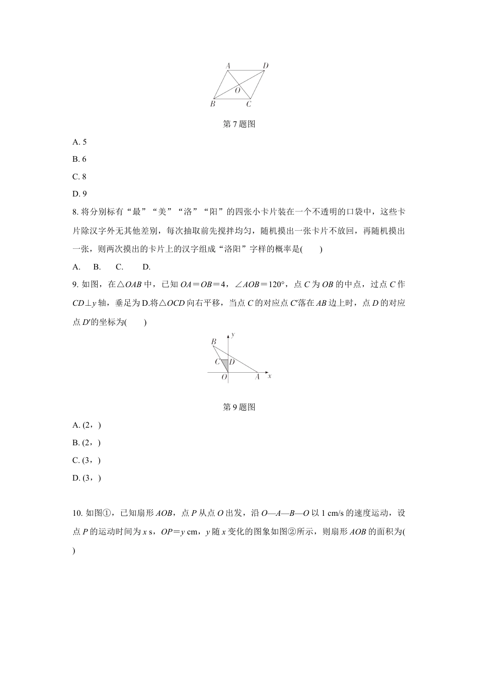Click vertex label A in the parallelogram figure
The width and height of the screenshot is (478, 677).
coord(227,65)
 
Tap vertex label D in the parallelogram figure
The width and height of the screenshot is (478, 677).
coord(266,65)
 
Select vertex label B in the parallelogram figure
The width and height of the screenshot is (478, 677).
coord(212,104)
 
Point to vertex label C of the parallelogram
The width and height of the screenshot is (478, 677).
coord(249,104)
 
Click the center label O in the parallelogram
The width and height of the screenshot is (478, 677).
coord(237,91)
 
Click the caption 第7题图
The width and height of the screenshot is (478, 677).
coord(239,124)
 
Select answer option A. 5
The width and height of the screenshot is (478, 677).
coord(79,142)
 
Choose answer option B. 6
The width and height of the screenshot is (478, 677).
coord(79,159)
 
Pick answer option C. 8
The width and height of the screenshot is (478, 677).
coord(79,176)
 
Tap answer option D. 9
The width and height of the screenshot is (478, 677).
coord(79,193)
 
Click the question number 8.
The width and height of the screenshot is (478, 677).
coord(75,212)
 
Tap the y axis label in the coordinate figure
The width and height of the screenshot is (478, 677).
coord(234,334)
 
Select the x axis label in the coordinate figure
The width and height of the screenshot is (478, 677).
coord(270,376)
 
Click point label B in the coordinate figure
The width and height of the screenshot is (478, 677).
coord(213,342)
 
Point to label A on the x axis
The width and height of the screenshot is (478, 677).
coord(257,377)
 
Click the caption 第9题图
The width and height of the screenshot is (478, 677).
coord(239,408)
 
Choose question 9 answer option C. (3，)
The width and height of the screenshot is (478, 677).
coord(87,460)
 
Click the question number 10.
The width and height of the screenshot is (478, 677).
coord(77,513)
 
